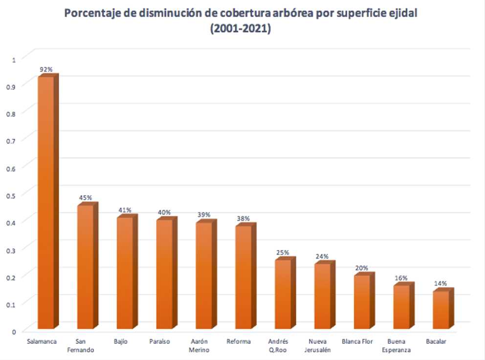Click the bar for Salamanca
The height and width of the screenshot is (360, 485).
pyautogui.click(x=46, y=203)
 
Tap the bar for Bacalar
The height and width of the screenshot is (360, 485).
pyautogui.click(x=441, y=310)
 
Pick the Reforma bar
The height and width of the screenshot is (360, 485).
pyautogui.click(x=244, y=277)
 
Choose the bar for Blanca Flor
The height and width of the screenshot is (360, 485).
pyautogui.click(x=362, y=302)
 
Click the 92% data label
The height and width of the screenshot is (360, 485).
pyautogui.click(x=46, y=69)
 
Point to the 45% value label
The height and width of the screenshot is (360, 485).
pyautogui.click(x=86, y=198)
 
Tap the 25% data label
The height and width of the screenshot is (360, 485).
pyautogui.click(x=283, y=253)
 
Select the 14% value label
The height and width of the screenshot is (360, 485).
pyautogui.click(x=441, y=284)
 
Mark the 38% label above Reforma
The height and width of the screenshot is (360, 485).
pyautogui.click(x=243, y=218)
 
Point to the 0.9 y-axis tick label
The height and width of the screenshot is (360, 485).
pyautogui.click(x=12, y=86)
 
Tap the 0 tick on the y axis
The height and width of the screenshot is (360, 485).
pyautogui.click(x=14, y=331)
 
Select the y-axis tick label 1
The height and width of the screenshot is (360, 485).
pyautogui.click(x=14, y=59)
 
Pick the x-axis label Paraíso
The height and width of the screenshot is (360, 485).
pyautogui.click(x=160, y=341)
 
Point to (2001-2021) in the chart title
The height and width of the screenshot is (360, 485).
pyautogui.click(x=241, y=29)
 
